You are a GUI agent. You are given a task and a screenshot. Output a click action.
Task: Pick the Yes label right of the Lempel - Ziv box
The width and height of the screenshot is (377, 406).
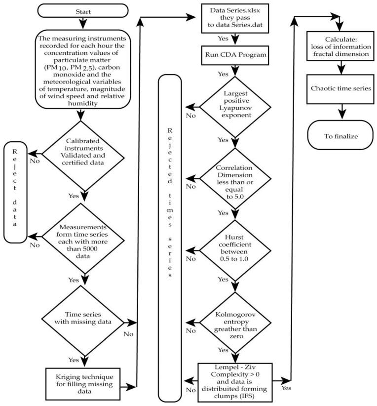[286, 388]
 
